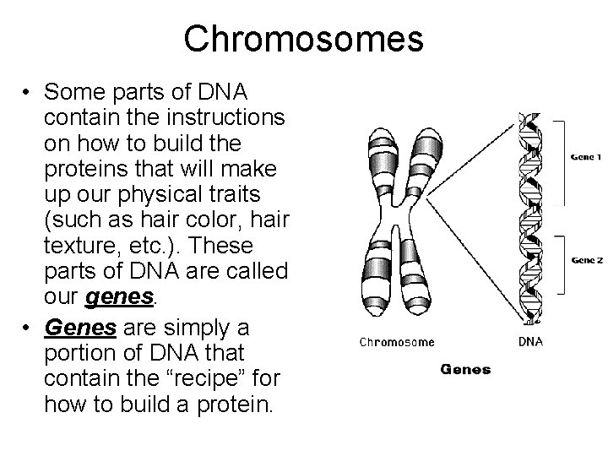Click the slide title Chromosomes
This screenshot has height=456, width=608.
pyautogui.click(x=303, y=38)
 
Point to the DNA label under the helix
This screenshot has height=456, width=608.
pyautogui.click(x=530, y=342)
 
